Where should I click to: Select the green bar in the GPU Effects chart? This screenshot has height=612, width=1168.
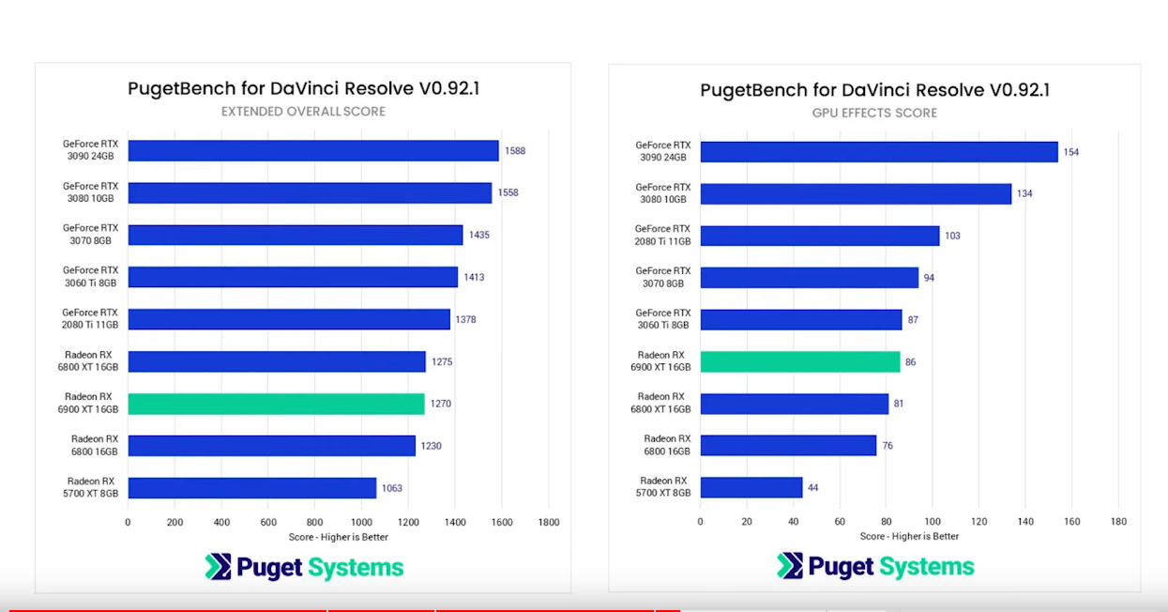(x=800, y=361)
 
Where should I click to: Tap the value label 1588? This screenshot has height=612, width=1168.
(x=515, y=151)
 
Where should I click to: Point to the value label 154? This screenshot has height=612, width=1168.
(x=1071, y=152)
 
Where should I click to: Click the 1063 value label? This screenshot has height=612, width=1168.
(x=391, y=488)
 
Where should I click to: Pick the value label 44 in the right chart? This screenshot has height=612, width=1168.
(x=813, y=488)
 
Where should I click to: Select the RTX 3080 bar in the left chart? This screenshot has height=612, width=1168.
(x=310, y=193)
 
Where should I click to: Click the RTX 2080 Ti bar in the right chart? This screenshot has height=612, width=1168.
(x=819, y=236)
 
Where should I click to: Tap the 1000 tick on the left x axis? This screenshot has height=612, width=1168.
(x=361, y=522)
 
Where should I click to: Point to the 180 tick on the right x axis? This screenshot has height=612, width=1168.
(x=1118, y=522)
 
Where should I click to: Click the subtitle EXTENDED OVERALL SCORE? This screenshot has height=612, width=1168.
(x=303, y=112)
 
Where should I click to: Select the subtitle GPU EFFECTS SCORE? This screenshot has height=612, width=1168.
(x=874, y=113)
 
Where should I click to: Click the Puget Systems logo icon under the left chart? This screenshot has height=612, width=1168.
(x=218, y=567)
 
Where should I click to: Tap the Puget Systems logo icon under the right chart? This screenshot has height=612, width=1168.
(x=790, y=566)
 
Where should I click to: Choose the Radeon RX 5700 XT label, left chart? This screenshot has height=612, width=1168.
(x=91, y=487)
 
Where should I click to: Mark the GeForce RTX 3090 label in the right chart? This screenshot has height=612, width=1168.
(x=663, y=151)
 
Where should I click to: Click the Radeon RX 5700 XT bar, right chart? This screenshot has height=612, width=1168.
(x=751, y=488)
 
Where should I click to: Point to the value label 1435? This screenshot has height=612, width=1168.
(x=478, y=236)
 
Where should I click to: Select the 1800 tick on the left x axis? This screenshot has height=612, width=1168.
(x=548, y=522)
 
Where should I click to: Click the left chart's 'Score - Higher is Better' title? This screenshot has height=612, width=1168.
(x=338, y=537)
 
